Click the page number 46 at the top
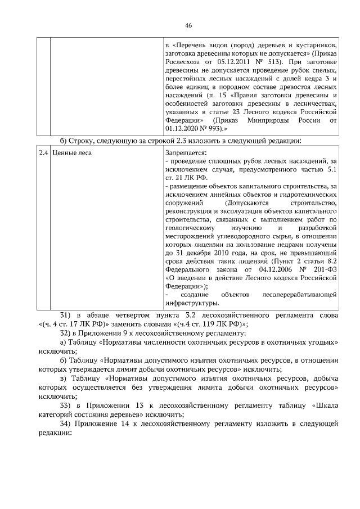coord(188,25)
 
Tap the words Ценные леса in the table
coord(71,152)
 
